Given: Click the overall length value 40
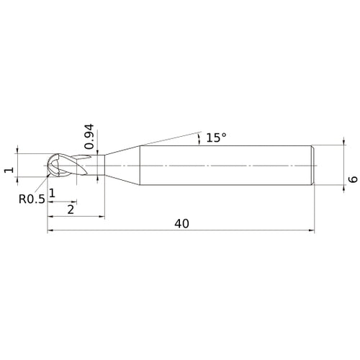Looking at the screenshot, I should coord(181,224).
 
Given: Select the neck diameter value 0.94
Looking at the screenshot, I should coord(89,136).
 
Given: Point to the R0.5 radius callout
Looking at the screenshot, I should coord(32,198).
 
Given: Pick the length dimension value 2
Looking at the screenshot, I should coord(70,210).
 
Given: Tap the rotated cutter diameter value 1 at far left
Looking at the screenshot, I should coord(8,170).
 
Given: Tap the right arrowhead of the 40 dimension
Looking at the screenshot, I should coord(312,231).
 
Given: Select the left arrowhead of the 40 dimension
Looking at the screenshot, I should coord(51,231).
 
